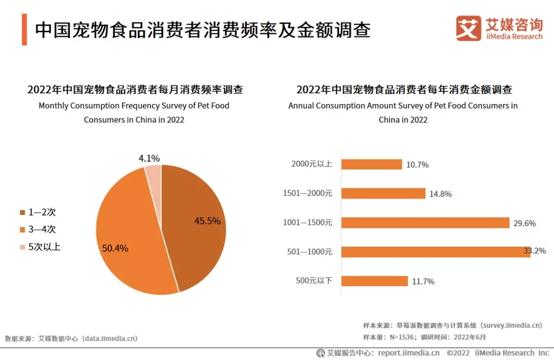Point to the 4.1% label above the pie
coord(149,158)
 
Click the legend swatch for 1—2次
coord(22,212)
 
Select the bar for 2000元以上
coord(371,164)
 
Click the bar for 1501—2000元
coord(383,193)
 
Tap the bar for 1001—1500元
coord(425,223)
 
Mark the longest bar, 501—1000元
coord(436,252)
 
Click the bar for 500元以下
coord(374,281)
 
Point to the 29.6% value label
coord(524,223)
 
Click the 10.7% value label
coord(417,165)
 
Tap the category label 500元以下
coord(314,281)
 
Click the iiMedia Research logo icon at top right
coord(468,28)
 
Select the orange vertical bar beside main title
coord(24,30)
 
